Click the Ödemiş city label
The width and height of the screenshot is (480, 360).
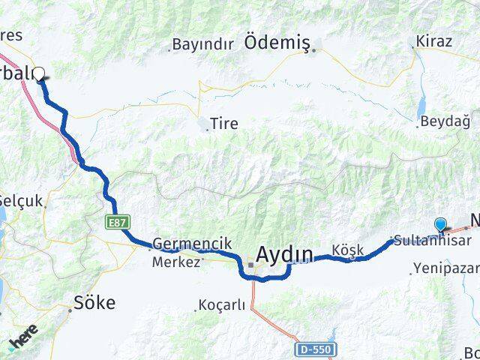coord(277,43)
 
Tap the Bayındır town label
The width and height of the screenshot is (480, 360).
coord(202,44)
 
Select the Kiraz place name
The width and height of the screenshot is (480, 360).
coord(434,40)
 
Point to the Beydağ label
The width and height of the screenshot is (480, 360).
coord(445,121)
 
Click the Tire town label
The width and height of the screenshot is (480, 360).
coord(224,124)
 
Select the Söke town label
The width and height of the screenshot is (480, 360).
coord(94,303)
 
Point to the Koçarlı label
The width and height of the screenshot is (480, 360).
coord(220,305)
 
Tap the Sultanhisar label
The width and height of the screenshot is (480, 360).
coord(433,241)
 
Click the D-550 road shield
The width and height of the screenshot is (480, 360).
coord(313,349)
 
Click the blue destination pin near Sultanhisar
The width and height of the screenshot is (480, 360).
coord(440,223)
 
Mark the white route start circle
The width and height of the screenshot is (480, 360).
coord(39,73)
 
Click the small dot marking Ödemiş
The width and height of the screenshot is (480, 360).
coord(316,50)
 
